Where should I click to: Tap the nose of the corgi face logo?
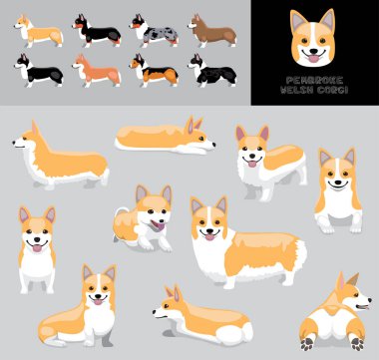click(x=313, y=48)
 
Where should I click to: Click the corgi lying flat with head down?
click(x=165, y=137)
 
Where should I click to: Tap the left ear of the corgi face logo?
click(x=297, y=19)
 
